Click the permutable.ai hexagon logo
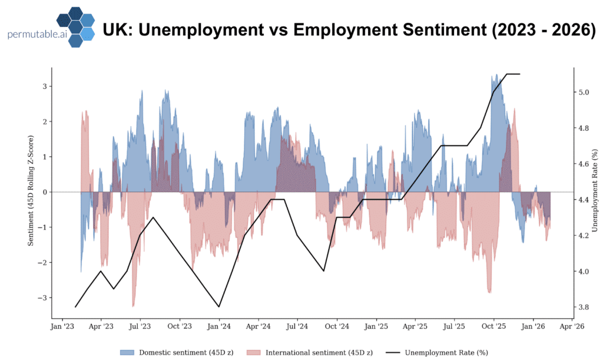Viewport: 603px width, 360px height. click(74, 27)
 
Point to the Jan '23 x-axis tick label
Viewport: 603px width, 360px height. click(62, 325)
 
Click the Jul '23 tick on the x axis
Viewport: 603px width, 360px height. click(140, 325)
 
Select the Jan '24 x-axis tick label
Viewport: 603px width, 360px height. click(218, 325)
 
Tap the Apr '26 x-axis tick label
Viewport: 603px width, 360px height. click(571, 325)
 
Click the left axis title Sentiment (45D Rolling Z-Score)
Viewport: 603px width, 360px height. click(34, 192)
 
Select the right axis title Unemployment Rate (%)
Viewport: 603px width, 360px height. click(596, 192)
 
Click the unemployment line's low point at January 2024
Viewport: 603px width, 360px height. click(219, 306)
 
